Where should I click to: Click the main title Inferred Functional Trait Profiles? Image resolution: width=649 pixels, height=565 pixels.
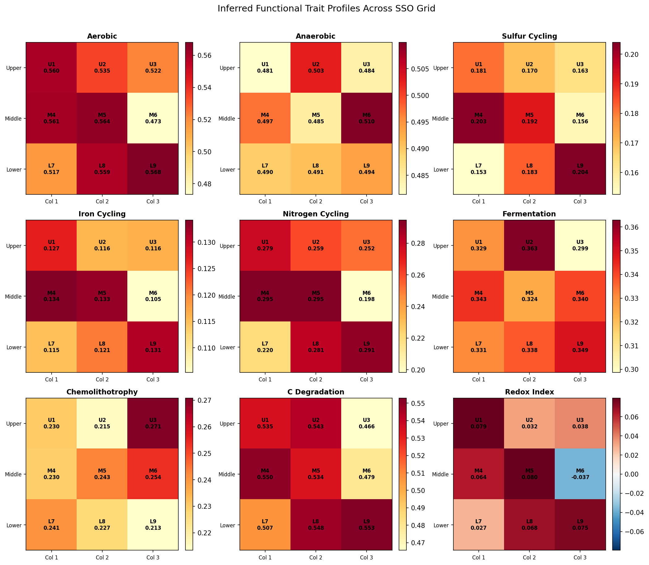coord(326,9)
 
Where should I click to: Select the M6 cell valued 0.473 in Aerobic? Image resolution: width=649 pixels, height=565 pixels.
coord(153,118)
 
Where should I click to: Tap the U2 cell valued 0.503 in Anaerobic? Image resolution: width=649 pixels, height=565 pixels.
coord(316,67)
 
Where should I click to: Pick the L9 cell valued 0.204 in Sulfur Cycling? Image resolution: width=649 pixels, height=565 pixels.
coord(580,169)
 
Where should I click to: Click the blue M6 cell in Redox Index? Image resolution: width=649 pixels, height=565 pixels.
coord(580,474)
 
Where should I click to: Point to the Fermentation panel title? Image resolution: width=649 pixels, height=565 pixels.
coord(529,214)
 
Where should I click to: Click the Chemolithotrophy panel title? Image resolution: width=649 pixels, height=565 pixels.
coord(102,392)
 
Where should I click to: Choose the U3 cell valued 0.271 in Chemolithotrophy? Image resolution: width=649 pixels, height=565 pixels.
coord(153,423)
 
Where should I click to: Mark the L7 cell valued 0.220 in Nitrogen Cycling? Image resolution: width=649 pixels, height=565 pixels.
coord(265,347)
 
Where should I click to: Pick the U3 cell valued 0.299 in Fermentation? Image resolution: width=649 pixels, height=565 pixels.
coord(580,245)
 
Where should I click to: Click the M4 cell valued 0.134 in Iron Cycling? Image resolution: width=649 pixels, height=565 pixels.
coord(51,296)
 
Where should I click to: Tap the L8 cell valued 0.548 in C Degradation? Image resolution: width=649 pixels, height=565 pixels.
coord(316,525)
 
